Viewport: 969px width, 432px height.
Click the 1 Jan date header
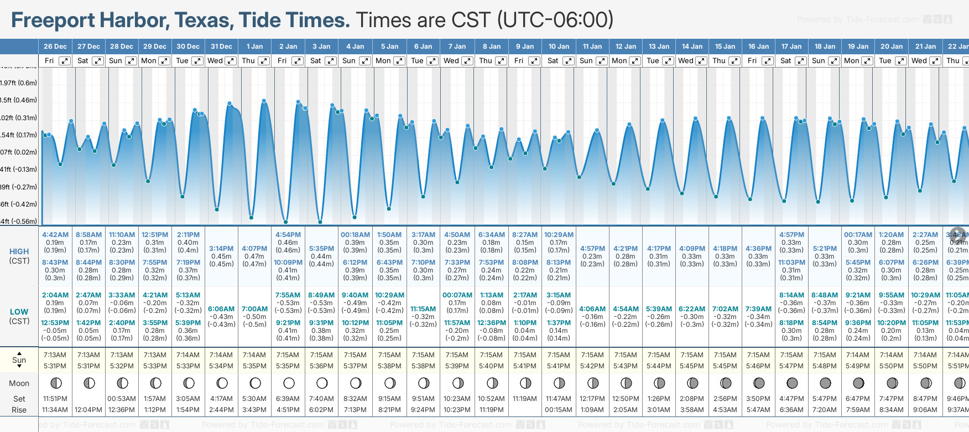[254, 47]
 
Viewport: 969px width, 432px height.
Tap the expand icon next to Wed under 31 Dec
[231, 61]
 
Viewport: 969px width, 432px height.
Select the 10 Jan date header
[559, 47]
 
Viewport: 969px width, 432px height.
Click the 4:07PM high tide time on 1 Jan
[254, 249]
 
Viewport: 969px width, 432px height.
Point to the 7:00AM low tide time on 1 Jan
[254, 309]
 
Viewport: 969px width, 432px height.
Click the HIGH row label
[19, 251]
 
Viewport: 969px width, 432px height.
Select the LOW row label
[19, 312]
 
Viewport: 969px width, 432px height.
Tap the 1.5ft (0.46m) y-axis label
[19, 100]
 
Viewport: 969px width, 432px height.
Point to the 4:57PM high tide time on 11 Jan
[592, 249]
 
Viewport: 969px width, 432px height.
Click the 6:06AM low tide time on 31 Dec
[221, 309]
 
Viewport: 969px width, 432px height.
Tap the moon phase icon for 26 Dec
[55, 383]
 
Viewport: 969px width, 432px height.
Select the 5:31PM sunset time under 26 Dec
[55, 366]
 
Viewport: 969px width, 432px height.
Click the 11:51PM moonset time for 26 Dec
[55, 399]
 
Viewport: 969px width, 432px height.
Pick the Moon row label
[19, 383]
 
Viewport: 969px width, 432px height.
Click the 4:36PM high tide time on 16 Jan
[758, 249]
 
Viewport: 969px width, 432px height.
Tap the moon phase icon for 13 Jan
[659, 383]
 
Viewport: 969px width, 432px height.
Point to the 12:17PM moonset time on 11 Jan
[592, 399]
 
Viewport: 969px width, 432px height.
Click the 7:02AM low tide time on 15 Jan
[725, 309]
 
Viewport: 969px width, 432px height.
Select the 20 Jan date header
[892, 47]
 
